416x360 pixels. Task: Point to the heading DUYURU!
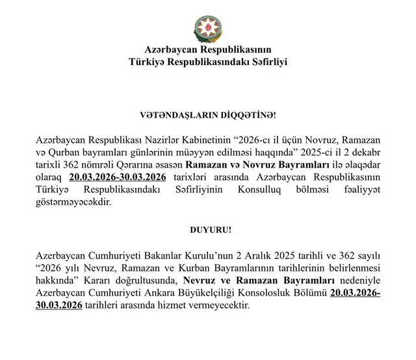207,231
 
